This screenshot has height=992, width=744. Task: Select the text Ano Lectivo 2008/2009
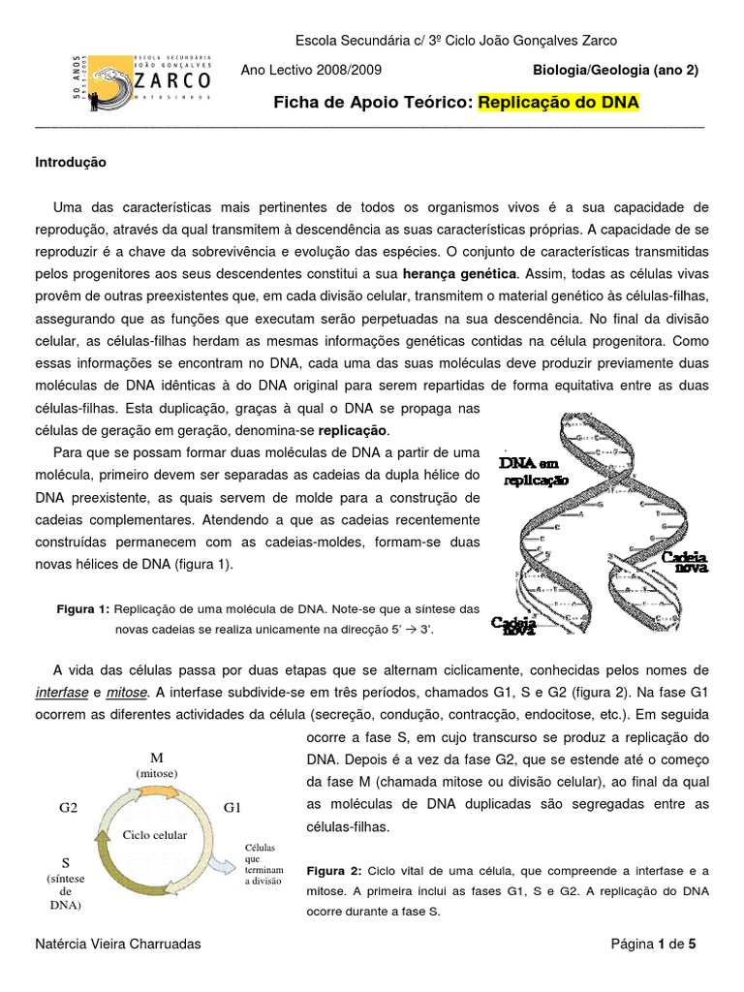coord(311,71)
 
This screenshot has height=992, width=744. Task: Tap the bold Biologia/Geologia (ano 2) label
coord(615,71)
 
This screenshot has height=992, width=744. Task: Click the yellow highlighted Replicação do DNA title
coord(559,103)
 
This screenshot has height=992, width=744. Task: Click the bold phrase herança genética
coord(466,274)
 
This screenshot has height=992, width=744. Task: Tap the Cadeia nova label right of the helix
coord(684,563)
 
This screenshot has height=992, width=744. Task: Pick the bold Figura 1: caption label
coord(83,609)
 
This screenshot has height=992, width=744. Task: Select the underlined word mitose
coord(127,692)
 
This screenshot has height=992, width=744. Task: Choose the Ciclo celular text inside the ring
coord(154,833)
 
